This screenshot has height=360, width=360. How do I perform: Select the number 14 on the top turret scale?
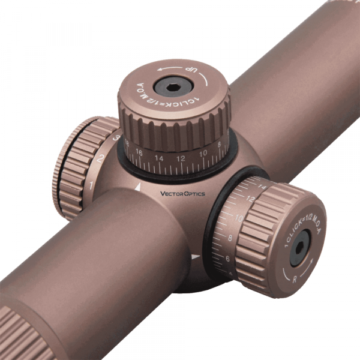[159, 159]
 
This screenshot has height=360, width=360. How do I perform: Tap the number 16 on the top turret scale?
[139, 154]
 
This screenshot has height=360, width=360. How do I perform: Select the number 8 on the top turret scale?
[220, 145]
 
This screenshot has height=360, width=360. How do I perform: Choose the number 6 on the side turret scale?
[228, 258]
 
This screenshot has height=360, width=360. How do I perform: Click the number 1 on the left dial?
[90, 185]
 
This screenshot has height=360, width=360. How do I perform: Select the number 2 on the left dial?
[101, 158]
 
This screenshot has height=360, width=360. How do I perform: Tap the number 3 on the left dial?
[116, 137]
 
